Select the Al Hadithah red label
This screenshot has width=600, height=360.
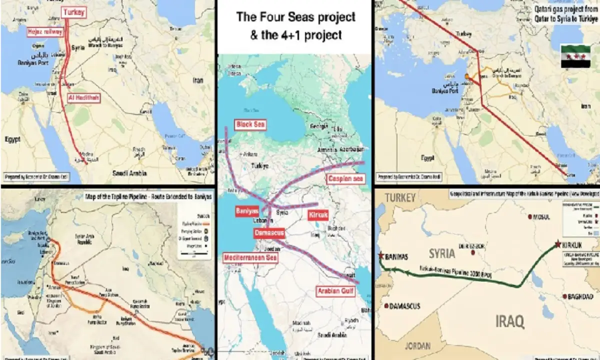(x=83, y=97)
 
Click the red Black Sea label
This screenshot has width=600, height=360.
(x=251, y=124)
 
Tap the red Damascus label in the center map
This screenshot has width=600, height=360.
(x=269, y=233)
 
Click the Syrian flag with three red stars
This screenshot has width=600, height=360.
(x=574, y=56)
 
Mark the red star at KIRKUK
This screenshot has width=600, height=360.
(x=557, y=244)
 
